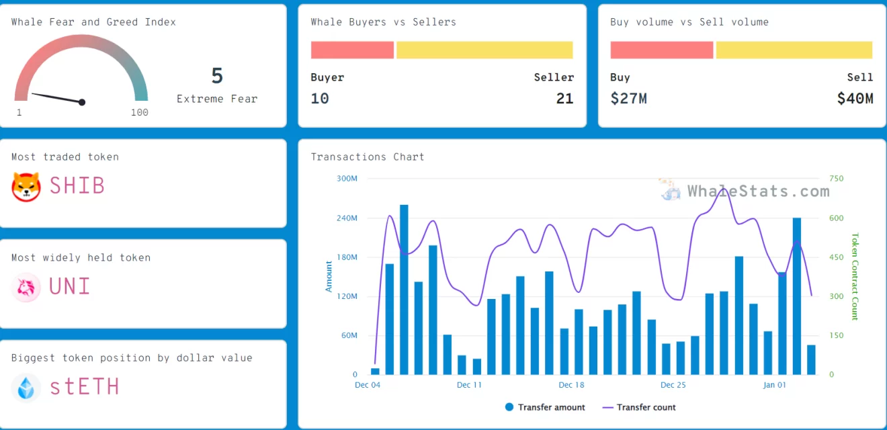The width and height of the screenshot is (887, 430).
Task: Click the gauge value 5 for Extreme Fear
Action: click(x=216, y=76)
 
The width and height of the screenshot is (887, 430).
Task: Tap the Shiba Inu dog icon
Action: click(x=26, y=186)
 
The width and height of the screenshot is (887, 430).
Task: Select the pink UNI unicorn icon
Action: click(x=26, y=288)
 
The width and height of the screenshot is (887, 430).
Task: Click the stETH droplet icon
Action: click(x=26, y=388)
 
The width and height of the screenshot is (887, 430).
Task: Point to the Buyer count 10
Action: click(x=320, y=99)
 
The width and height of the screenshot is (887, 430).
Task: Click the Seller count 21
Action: click(x=564, y=99)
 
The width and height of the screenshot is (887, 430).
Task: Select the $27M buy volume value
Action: click(x=628, y=99)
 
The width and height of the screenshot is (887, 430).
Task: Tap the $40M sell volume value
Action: click(x=855, y=99)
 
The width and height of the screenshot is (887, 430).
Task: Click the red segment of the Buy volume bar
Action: click(x=661, y=50)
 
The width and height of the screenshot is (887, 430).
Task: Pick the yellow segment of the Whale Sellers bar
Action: click(x=484, y=50)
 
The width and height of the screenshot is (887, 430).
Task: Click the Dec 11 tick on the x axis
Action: click(x=469, y=385)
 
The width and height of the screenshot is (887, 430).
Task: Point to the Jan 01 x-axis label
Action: click(x=774, y=385)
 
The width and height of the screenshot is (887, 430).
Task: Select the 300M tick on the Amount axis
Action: click(x=347, y=179)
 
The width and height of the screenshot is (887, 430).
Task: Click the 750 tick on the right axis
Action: click(x=837, y=179)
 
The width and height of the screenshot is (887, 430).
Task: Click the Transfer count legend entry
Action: click(x=639, y=407)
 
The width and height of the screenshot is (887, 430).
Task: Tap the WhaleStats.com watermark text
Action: click(x=758, y=191)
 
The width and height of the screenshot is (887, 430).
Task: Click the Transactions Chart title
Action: click(x=368, y=157)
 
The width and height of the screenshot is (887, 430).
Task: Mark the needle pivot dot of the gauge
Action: click(x=82, y=102)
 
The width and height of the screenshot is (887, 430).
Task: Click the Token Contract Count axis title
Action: click(x=855, y=276)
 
